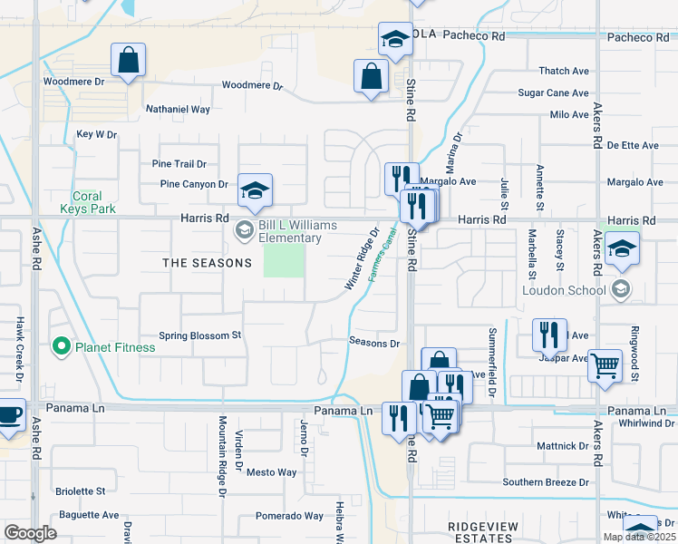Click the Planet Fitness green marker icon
pyautogui.click(x=61, y=346)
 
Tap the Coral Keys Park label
pyautogui.click(x=93, y=202)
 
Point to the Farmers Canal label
pyautogui.click(x=384, y=255)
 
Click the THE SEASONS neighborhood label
pyautogui.click(x=207, y=263)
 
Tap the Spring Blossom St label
pyautogui.click(x=199, y=335)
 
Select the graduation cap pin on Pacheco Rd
pyautogui.click(x=395, y=41)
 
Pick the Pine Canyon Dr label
pyautogui.click(x=194, y=184)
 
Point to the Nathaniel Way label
pyautogui.click(x=178, y=110)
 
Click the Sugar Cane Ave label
pyautogui.click(x=553, y=93)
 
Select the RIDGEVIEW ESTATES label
pyautogui.click(x=482, y=532)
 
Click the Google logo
pyautogui.click(x=30, y=534)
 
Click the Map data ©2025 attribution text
pyautogui.click(x=639, y=537)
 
